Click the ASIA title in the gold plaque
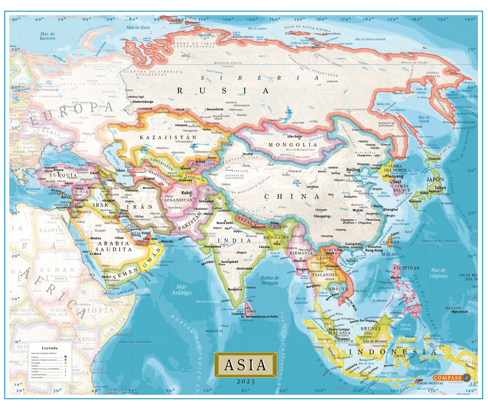pyautogui.click(x=246, y=364)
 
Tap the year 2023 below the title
pyautogui.click(x=246, y=381)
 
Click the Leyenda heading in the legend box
pyautogui.click(x=50, y=348)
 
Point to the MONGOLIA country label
pyautogui.click(x=293, y=145)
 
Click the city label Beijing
pyautogui.click(x=353, y=169)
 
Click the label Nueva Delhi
pyautogui.click(x=224, y=223)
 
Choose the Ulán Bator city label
pyautogui.click(x=292, y=136)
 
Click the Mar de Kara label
pyautogui.click(x=138, y=27)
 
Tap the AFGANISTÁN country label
pyautogui.click(x=178, y=200)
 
